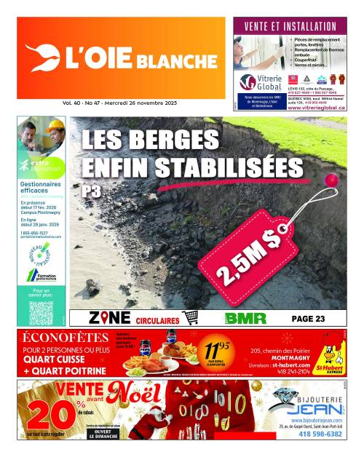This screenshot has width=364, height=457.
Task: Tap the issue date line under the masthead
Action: point(119,104)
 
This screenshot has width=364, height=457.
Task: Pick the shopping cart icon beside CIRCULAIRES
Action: point(191,318)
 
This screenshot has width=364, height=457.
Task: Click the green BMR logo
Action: point(240,318)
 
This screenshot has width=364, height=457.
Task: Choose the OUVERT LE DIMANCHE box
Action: point(103,433)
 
